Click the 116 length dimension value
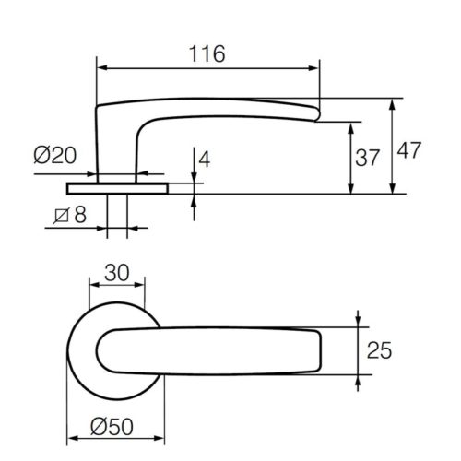tap(207, 54)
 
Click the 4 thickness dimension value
tap(204, 159)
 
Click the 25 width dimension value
tap(382, 350)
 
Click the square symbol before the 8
tap(59, 218)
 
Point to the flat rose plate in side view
tap(117, 188)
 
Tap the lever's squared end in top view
tap(317, 350)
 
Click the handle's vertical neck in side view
tap(116, 148)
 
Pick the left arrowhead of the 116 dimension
tap(102, 67)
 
